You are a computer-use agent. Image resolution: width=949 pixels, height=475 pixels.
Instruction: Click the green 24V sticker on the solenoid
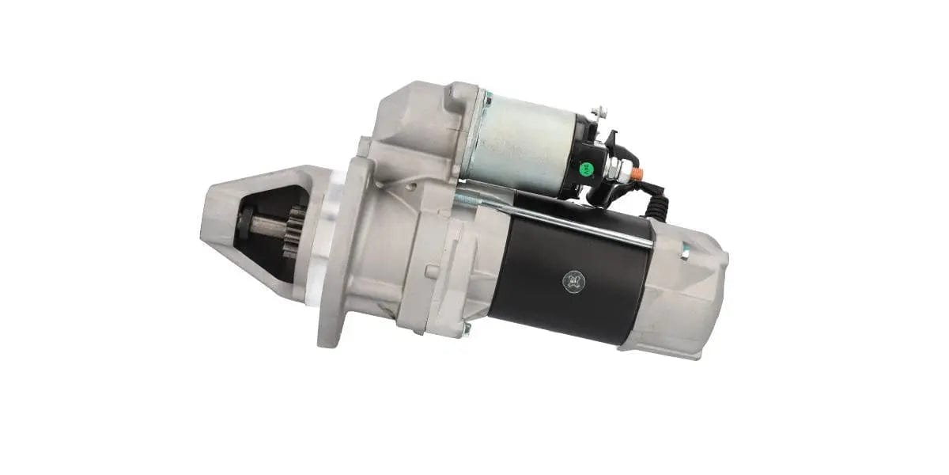click(587, 168)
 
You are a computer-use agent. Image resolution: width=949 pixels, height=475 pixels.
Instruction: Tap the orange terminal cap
click(637, 173)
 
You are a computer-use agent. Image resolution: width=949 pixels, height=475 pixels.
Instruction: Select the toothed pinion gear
click(294, 231)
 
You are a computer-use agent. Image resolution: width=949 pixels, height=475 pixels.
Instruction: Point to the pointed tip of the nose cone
click(207, 214)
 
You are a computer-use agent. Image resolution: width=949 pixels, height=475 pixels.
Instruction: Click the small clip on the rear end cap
click(685, 253)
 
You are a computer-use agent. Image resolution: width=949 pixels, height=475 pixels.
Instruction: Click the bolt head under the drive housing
click(467, 328)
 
